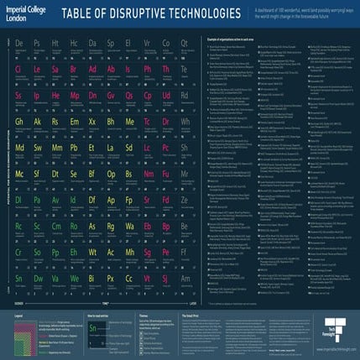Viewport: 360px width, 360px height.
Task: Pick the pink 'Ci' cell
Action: (x=18, y=70)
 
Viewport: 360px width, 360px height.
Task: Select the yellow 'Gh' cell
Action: (x=18, y=123)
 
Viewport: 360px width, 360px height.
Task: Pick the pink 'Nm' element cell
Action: (x=147, y=175)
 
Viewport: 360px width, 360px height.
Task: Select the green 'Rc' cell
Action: (x=18, y=227)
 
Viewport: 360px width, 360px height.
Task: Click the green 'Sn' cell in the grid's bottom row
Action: (x=18, y=279)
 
